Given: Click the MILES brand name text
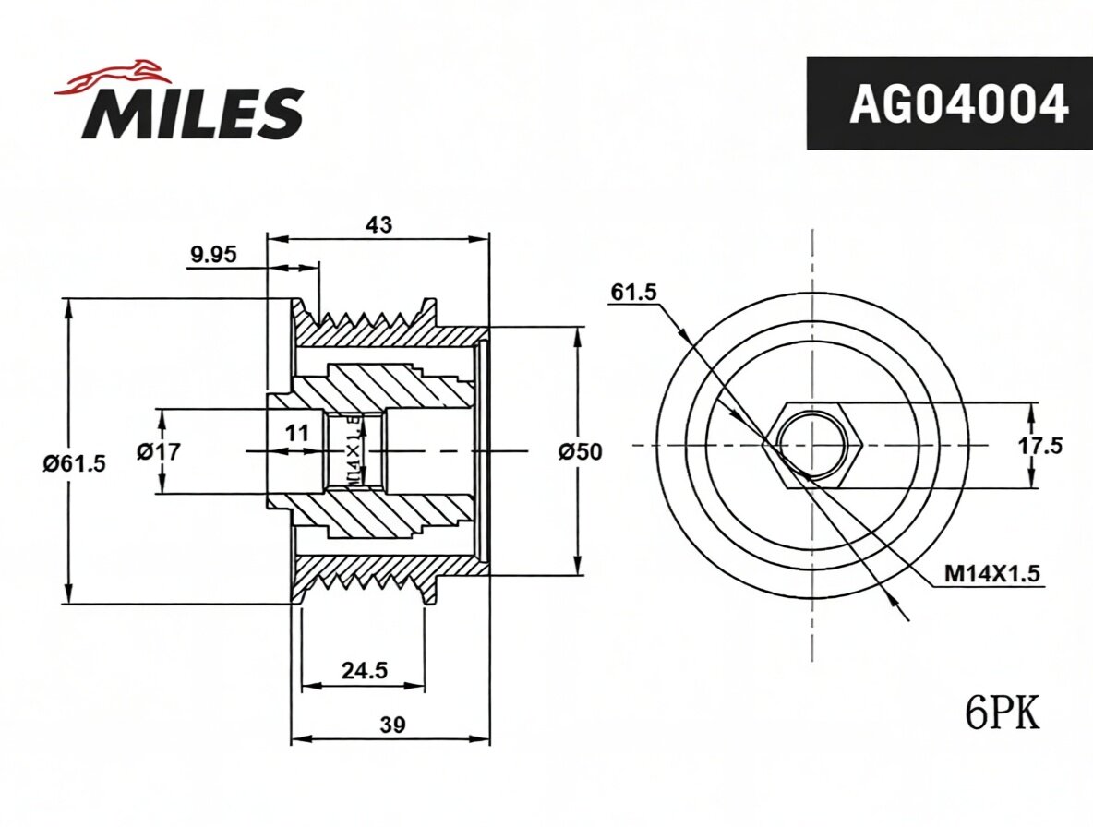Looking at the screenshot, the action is tap(192, 114).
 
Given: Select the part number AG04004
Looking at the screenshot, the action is tap(958, 104).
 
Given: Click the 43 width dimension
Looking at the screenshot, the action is tap(378, 224).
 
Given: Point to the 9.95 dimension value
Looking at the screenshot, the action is tap(213, 255).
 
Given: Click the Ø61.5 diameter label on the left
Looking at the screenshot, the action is tap(74, 463).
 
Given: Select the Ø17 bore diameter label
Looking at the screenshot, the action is tap(158, 451).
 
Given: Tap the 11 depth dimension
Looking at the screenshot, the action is tap(297, 434).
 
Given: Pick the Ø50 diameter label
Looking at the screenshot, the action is tap(579, 451).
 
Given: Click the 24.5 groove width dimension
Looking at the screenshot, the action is tap(364, 670).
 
